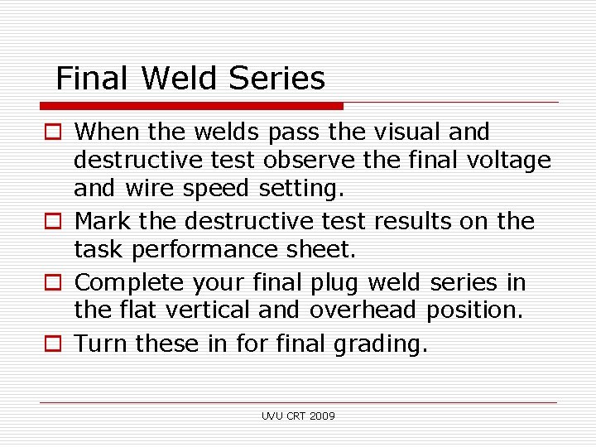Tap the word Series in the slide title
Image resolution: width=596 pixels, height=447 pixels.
point(276,79)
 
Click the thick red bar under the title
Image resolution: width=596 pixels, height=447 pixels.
point(191,106)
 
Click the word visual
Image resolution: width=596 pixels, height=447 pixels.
point(405,132)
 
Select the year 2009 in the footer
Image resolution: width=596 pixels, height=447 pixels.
point(322,416)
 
